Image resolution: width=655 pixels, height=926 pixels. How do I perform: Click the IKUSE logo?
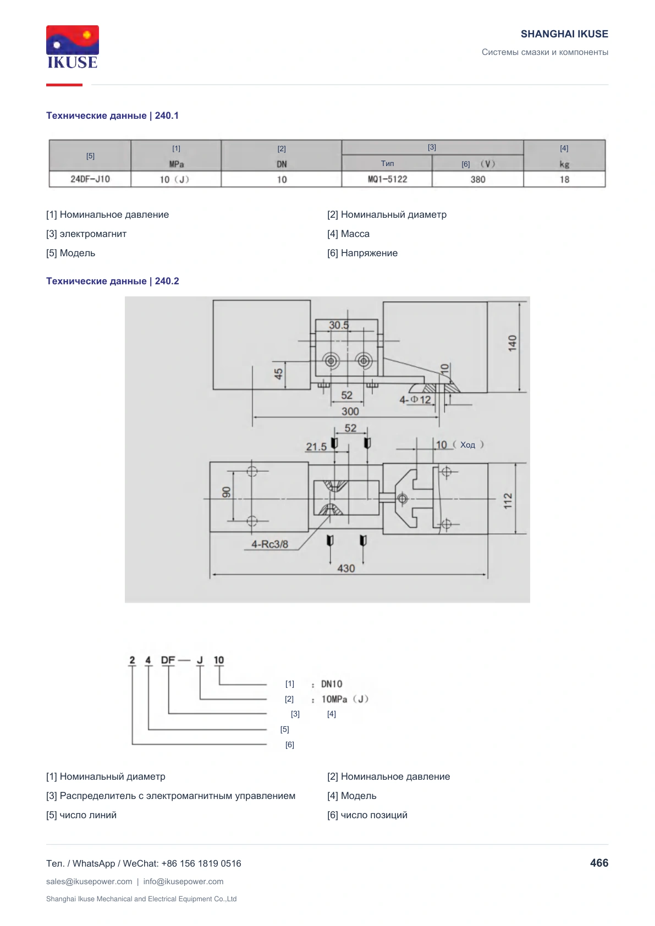[x=73, y=47]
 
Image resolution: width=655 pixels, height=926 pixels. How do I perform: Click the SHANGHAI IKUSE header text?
[x=564, y=34]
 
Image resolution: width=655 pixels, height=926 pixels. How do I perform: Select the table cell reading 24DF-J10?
[x=90, y=179]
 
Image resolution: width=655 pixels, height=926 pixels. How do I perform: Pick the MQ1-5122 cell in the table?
[x=387, y=179]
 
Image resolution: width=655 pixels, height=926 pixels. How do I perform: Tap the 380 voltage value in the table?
[x=477, y=179]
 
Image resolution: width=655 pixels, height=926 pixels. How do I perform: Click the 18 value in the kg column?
[x=564, y=179]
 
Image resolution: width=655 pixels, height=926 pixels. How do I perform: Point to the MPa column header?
[x=176, y=164]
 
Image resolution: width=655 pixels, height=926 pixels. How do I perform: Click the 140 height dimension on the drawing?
[x=513, y=343]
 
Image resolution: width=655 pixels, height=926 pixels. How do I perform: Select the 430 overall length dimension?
[x=346, y=569]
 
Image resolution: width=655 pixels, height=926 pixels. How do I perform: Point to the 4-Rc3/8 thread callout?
[x=269, y=544]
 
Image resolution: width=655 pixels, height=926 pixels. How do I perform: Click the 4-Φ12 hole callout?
[x=415, y=400]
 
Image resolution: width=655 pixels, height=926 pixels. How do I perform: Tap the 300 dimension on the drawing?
[x=350, y=411]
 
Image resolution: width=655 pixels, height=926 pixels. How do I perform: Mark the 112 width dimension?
[x=508, y=500]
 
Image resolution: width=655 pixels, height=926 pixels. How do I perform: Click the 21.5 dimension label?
[x=316, y=447]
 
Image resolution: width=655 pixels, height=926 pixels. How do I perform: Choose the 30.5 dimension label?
[x=339, y=325]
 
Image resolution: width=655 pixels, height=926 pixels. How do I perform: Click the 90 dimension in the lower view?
[x=226, y=492]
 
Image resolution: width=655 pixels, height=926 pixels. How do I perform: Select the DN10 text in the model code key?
[x=332, y=684]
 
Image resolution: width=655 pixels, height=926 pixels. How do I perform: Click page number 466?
[x=599, y=863]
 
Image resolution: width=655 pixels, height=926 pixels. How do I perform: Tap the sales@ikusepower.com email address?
[x=89, y=881]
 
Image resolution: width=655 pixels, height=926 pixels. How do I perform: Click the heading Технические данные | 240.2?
[x=113, y=281]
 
